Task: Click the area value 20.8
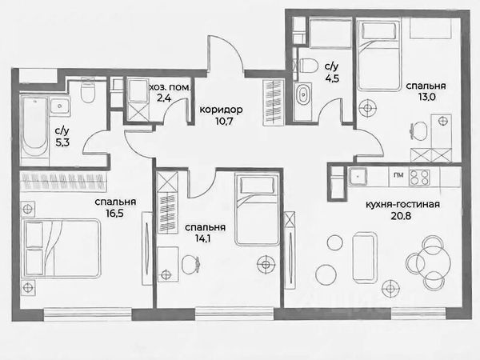401,216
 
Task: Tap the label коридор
221,110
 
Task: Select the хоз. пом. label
170,88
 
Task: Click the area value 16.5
115,213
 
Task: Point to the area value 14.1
202,238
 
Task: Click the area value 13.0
426,98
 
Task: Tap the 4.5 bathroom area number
332,78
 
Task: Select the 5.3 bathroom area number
62,142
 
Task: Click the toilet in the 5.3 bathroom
87,89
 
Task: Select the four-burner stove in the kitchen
420,177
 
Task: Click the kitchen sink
358,176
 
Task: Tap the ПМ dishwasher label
398,175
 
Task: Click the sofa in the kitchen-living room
364,258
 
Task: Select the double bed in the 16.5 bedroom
62,248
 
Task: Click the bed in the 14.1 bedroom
257,210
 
